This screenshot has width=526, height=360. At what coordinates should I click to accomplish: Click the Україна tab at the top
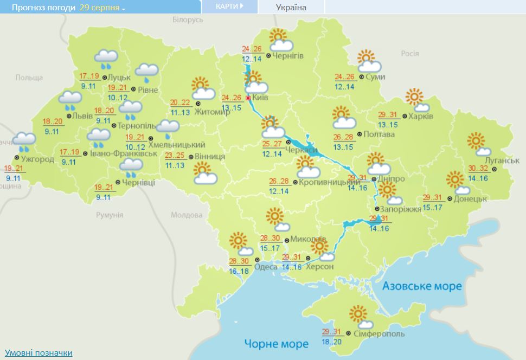(x=291, y=7)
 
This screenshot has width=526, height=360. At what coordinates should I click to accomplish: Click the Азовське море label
(x=422, y=286)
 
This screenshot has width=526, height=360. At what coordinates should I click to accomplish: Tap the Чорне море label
(x=277, y=343)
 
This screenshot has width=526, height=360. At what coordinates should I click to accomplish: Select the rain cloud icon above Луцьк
(x=106, y=59)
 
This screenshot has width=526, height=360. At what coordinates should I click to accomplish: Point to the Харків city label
(x=421, y=117)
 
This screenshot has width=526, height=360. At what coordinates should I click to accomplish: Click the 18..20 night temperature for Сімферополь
(x=332, y=342)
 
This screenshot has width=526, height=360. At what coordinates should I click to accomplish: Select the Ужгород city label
(x=38, y=159)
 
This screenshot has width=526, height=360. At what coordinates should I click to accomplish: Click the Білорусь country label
(x=188, y=20)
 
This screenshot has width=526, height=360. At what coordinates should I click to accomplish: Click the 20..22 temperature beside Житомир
(x=181, y=103)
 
